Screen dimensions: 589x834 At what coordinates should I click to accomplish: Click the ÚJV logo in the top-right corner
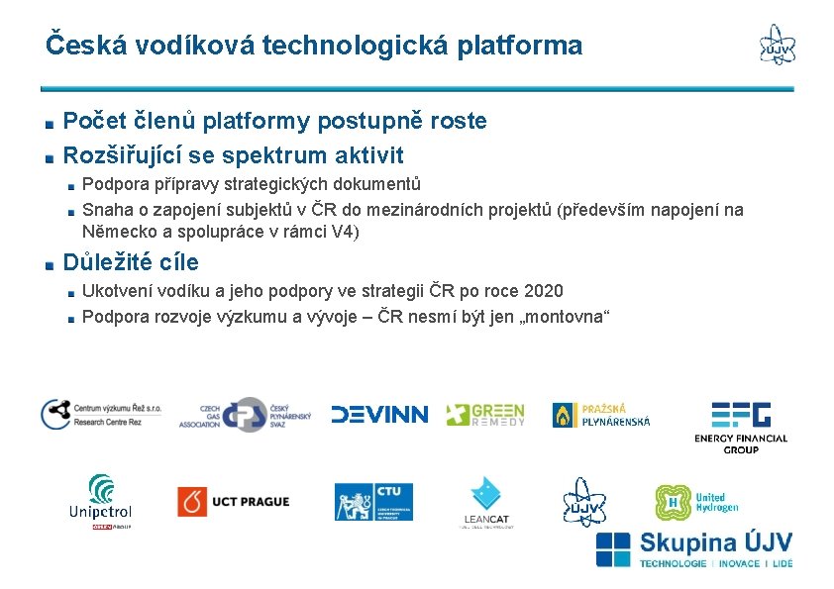[x=777, y=45]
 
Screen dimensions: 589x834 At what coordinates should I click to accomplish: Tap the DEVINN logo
[x=379, y=415]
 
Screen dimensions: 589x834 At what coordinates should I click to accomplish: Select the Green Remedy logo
[x=484, y=415]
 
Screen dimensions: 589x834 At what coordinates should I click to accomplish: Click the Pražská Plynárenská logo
[x=601, y=415]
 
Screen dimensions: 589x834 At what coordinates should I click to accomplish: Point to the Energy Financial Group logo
[x=740, y=427]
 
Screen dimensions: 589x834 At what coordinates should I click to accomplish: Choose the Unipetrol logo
[x=100, y=501]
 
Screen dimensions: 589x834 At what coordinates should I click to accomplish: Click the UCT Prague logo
[x=234, y=501]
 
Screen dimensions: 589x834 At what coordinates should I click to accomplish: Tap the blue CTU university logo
[x=372, y=502]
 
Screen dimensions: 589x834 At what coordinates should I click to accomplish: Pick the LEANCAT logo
[x=486, y=502]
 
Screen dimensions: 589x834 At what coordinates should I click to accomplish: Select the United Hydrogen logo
[x=696, y=502]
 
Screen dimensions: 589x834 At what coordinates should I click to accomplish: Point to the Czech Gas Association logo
[x=245, y=415]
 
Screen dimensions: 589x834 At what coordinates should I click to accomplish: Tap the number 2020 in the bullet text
[x=544, y=291]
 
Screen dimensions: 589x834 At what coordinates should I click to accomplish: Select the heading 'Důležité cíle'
[x=131, y=262]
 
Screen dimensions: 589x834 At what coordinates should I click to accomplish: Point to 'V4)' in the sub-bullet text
[x=343, y=233]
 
